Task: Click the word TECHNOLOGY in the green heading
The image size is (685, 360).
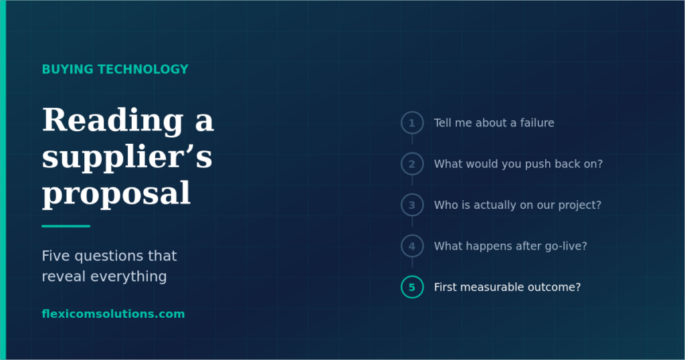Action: coord(143,70)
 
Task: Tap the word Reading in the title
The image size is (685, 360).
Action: coord(112,121)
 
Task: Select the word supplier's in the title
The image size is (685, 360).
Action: coord(127,158)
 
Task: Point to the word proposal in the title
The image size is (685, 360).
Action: coord(116,194)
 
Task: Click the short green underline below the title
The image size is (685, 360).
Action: coord(66,226)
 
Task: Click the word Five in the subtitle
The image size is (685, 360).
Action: coord(56,256)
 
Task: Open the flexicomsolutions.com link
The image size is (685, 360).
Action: coord(113,314)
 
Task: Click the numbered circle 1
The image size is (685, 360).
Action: coord(412,112)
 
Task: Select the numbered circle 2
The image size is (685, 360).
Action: coord(412,154)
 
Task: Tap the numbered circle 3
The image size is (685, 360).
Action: coord(412,195)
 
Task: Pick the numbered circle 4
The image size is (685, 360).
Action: coord(412,236)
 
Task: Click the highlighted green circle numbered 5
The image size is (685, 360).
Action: coord(412,277)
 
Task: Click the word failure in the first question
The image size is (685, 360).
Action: coord(537,122)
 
